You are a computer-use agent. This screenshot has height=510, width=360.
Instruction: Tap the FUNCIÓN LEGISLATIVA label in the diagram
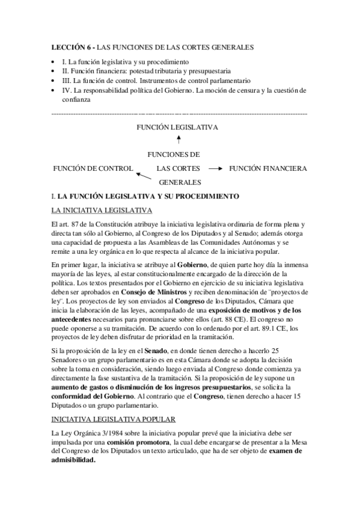click(x=177, y=127)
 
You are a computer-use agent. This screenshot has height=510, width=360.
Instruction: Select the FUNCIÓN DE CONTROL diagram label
click(x=93, y=168)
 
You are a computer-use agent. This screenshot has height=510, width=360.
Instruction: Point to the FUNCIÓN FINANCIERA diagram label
click(x=268, y=168)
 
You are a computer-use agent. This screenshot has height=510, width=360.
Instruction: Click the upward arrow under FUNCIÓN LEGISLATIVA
click(x=178, y=140)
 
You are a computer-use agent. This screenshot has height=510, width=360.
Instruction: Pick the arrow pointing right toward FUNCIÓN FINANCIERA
click(x=215, y=169)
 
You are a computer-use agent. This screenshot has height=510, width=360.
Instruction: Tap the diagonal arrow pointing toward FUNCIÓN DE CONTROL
click(x=142, y=176)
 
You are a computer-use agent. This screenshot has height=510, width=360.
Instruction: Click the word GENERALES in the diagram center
click(x=179, y=182)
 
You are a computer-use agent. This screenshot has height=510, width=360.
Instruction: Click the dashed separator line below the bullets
click(x=180, y=113)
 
